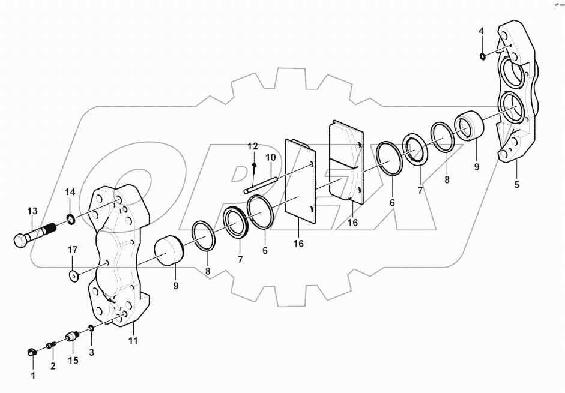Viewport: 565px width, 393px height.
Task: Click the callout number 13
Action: [32, 211]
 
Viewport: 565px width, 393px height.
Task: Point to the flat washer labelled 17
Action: [74, 277]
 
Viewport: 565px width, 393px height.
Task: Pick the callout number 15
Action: [73, 360]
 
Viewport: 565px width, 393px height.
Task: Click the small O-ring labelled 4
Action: [483, 56]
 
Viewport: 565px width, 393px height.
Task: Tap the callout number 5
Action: [516, 185]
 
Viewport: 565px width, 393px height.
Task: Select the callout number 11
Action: [133, 341]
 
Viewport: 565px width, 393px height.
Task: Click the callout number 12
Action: [252, 146]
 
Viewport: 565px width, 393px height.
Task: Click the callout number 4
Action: [481, 31]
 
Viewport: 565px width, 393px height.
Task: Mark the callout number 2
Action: [53, 365]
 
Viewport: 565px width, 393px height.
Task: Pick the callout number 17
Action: [72, 249]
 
